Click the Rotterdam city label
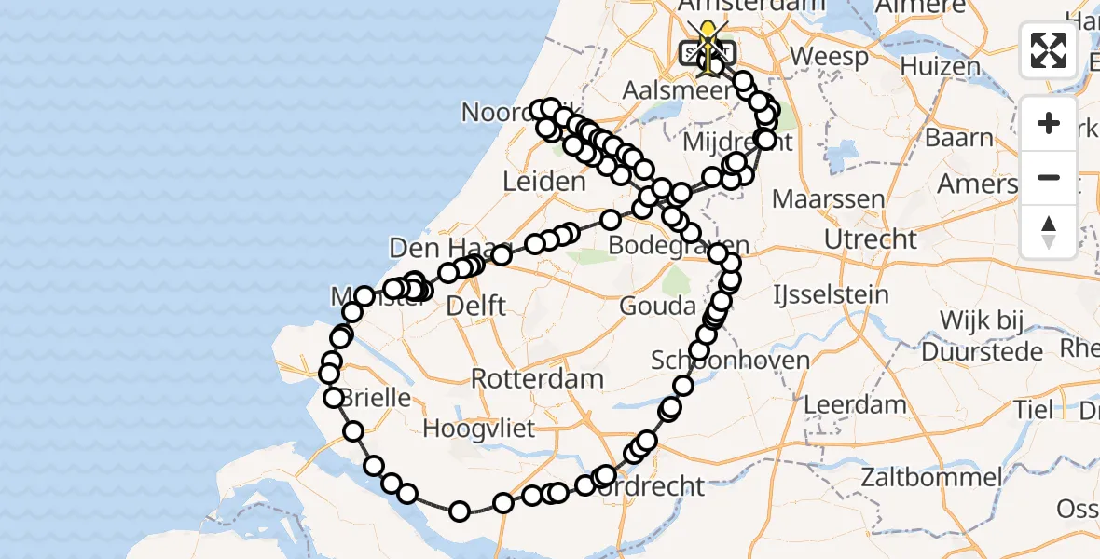(x=537, y=379)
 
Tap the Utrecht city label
(x=871, y=239)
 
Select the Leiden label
(x=543, y=182)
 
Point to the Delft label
(x=476, y=305)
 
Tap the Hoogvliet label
(x=479, y=429)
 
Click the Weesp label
(x=829, y=56)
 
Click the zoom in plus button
(x=1049, y=123)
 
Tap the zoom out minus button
(x=1049, y=177)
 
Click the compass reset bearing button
(x=1049, y=230)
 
